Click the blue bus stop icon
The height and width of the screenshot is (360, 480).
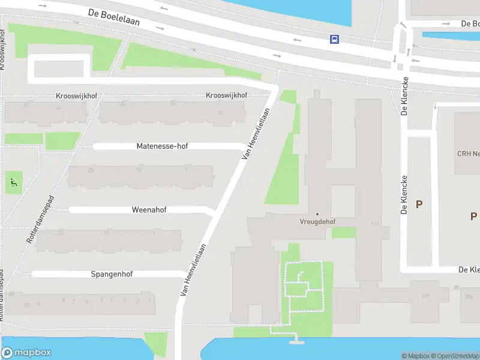pyautogui.click(x=334, y=40)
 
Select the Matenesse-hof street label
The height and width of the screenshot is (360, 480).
pyautogui.click(x=162, y=146)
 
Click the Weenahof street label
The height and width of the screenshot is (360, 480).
pyautogui.click(x=149, y=210)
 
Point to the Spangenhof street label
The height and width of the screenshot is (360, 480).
pyautogui.click(x=112, y=274)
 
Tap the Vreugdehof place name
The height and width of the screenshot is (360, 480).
pyautogui.click(x=317, y=221)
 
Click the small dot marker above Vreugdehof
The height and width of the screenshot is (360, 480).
pyautogui.click(x=317, y=214)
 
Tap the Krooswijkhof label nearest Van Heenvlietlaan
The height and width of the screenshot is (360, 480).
pyautogui.click(x=227, y=95)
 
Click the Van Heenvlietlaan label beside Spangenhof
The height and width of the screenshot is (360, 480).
pyautogui.click(x=194, y=269)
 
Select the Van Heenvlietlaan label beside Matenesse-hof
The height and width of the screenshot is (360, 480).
pyautogui.click(x=255, y=133)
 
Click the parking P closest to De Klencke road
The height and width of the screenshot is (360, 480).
pyautogui.click(x=419, y=204)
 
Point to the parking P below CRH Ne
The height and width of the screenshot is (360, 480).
pyautogui.click(x=473, y=216)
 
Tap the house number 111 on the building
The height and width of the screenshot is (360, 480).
pyautogui.click(x=376, y=224)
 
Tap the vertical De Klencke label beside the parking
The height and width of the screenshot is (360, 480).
pyautogui.click(x=404, y=194)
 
